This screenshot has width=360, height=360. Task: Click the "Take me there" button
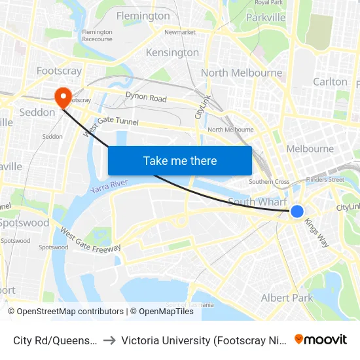click(180, 160)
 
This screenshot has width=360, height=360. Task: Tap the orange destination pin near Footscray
click(63, 97)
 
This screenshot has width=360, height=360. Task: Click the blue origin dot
click(297, 211)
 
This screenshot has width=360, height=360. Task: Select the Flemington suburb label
click(143, 16)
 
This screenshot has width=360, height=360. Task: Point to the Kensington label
click(172, 52)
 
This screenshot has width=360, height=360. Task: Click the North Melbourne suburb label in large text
click(242, 73)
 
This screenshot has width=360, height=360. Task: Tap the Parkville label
click(266, 17)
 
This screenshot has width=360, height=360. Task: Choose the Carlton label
click(330, 82)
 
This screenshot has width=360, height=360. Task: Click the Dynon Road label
click(145, 99)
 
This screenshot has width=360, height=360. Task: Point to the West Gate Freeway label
click(90, 240)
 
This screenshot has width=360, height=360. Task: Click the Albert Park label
click(287, 298)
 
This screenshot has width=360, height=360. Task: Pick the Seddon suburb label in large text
click(37, 112)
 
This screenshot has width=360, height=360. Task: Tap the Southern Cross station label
click(269, 182)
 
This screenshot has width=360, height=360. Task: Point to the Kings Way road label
click(317, 232)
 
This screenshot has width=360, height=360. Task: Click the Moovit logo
click(321, 339)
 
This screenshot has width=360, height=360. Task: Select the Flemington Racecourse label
click(97, 35)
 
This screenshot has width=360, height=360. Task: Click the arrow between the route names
click(109, 340)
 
